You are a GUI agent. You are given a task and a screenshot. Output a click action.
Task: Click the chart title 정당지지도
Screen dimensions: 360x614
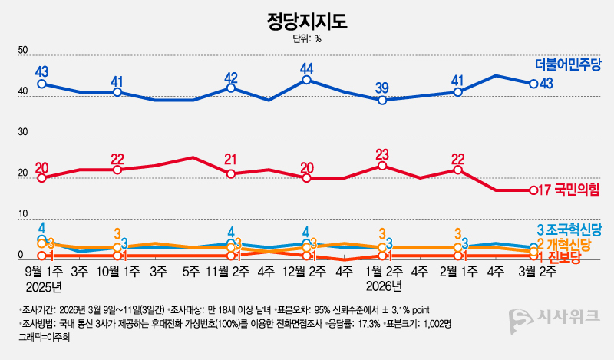(307, 19)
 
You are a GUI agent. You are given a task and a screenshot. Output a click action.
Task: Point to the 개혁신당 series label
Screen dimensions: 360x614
(574, 243)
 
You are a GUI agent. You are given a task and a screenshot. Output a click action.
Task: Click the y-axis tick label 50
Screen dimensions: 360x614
(23, 51)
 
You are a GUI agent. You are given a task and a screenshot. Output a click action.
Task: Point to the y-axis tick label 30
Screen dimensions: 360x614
(23, 134)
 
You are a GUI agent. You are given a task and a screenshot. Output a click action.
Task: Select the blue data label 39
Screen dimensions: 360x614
(382, 87)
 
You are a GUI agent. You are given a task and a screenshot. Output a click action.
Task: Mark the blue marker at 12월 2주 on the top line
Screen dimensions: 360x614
(306, 80)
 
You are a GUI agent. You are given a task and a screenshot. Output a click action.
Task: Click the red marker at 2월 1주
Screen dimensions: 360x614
(457, 170)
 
